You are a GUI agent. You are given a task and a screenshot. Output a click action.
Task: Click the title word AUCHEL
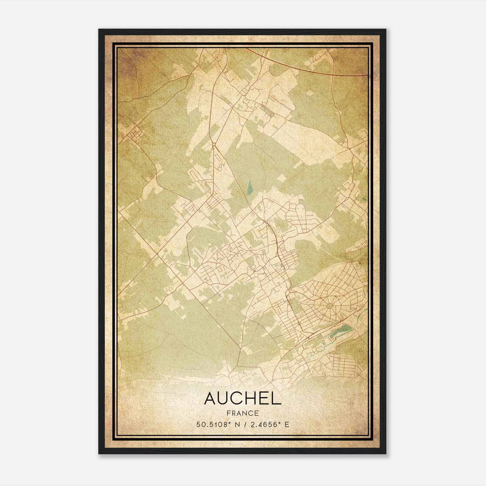pos(243,398)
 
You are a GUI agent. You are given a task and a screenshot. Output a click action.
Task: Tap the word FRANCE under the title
pos(243,413)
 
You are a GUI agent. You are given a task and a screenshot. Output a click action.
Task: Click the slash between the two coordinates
pos(245,424)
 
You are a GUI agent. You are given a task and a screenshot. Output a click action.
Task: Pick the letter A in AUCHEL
pos(211,398)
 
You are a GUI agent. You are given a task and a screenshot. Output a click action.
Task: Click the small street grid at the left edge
pos(134,134)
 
